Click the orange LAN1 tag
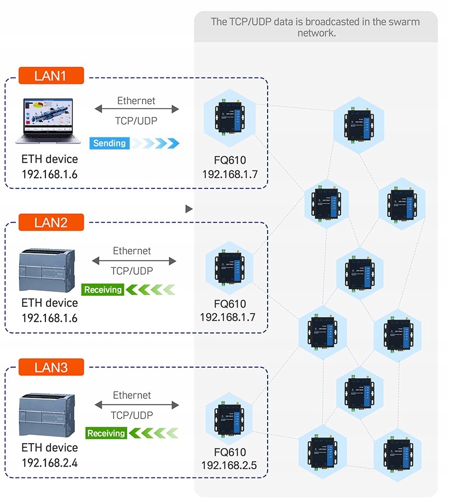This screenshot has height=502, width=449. pyautogui.click(x=51, y=75)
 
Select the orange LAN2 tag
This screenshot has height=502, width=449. pyautogui.click(x=51, y=222)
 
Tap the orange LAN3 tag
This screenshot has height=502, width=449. pyautogui.click(x=51, y=367)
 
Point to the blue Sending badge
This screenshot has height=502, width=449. pyautogui.click(x=110, y=144)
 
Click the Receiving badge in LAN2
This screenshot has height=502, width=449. pyautogui.click(x=103, y=290)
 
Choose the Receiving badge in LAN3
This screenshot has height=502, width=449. pyautogui.click(x=106, y=433)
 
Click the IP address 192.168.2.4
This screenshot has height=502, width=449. pyautogui.click(x=50, y=463)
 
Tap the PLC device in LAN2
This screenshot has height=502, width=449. pyautogui.click(x=49, y=271)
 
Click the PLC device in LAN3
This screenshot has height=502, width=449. pyautogui.click(x=49, y=414)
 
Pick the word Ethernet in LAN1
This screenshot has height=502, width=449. pyautogui.click(x=136, y=101)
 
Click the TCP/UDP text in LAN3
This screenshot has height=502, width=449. pyautogui.click(x=132, y=415)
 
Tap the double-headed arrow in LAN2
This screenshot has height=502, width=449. pyautogui.click(x=134, y=261)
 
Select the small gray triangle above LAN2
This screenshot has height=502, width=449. pyautogui.click(x=189, y=208)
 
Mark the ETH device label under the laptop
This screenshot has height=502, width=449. pyautogui.click(x=50, y=159)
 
